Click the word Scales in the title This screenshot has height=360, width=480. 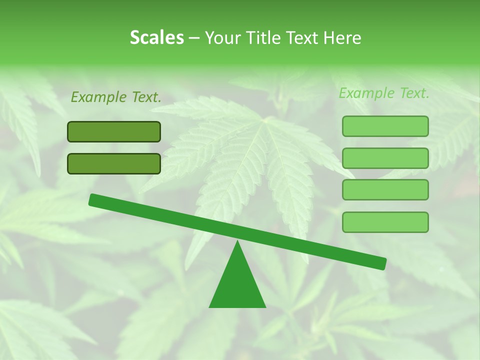[x=156, y=37]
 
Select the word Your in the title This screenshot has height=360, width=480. [x=223, y=37]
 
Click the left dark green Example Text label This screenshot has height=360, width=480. [x=116, y=97]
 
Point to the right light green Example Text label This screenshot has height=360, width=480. [x=384, y=93]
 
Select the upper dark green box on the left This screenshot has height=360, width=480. [x=114, y=131]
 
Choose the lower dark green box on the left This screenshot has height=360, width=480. [x=114, y=163]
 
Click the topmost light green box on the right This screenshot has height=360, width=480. [x=385, y=126]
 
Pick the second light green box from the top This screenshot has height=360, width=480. [x=385, y=158]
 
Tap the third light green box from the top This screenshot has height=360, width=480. [x=385, y=189]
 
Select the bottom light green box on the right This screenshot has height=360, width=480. [x=385, y=222]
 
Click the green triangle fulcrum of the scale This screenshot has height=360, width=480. [x=237, y=285]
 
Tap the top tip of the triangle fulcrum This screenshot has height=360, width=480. [x=237, y=241]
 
